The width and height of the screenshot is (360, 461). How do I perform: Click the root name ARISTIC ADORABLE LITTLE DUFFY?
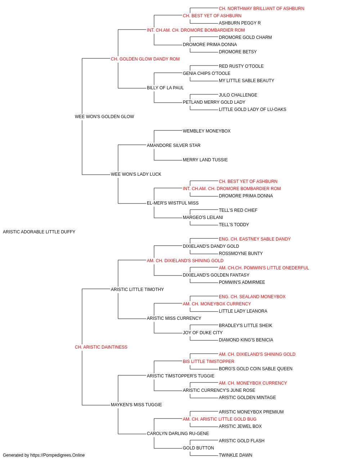tap(39, 232)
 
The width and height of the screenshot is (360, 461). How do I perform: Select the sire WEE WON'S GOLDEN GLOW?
tap(104, 117)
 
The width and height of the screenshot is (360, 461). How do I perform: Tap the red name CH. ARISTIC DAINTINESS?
tap(101, 347)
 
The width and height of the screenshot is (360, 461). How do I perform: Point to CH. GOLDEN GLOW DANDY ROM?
tap(145, 59)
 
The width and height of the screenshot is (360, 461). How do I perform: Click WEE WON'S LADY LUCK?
tap(136, 174)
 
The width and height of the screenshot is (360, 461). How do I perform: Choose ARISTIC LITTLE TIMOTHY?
tap(138, 289)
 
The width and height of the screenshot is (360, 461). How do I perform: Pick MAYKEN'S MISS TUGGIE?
tap(136, 404)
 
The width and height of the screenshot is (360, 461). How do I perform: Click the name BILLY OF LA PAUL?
tap(165, 88)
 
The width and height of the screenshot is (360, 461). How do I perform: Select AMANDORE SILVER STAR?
tap(174, 145)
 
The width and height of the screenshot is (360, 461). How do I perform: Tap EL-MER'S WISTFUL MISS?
tap(173, 203)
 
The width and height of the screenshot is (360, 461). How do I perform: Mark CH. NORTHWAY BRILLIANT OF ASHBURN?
tap(262, 9)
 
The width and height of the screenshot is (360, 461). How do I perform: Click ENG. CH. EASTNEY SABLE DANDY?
tap(255, 239)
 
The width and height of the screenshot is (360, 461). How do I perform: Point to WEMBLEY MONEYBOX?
tap(207, 131)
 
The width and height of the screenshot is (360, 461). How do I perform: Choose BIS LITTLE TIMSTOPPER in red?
tap(209, 362)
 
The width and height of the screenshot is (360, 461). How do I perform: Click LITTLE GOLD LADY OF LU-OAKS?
tap(252, 109)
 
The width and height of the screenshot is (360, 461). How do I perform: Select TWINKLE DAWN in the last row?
tap(235, 455)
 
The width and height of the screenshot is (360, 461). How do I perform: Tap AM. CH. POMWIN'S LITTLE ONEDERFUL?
tap(264, 268)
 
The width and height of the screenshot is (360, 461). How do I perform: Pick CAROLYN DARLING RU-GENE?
tap(178, 433)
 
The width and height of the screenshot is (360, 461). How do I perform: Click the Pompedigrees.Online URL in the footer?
tap(58, 455)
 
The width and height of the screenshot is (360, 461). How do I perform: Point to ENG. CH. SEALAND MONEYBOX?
tap(252, 296)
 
